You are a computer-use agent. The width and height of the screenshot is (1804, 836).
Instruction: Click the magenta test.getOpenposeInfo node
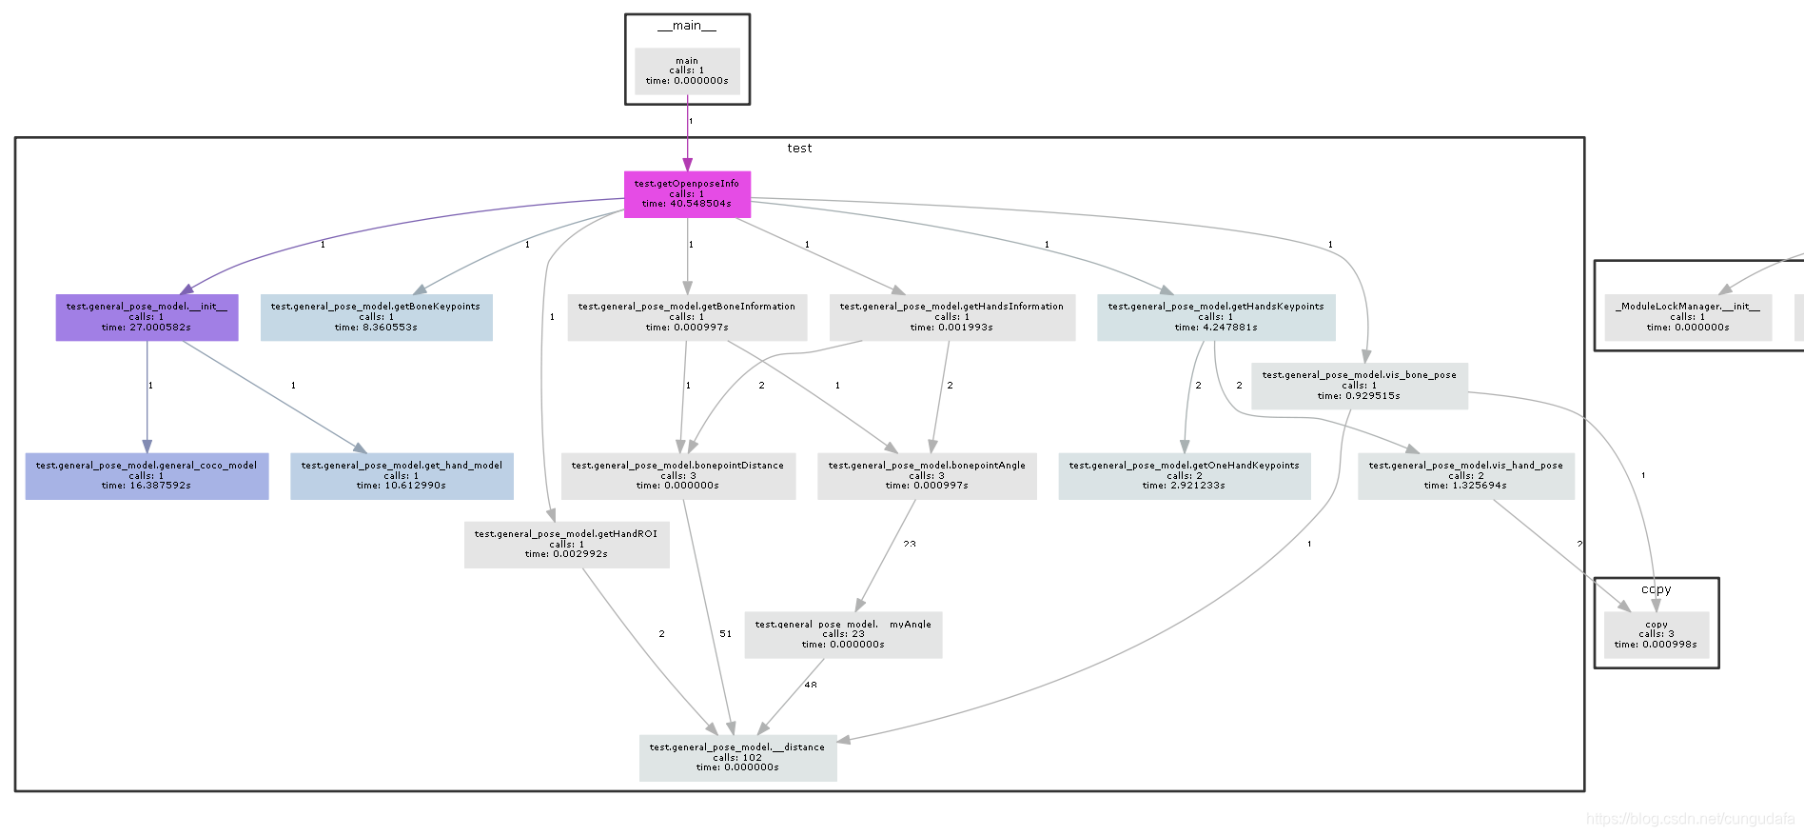[x=687, y=194]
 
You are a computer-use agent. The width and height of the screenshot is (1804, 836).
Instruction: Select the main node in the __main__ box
[x=687, y=71]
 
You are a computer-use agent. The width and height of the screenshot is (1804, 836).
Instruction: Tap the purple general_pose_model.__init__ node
[x=147, y=317]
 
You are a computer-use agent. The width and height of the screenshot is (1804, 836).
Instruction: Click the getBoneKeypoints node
[x=376, y=317]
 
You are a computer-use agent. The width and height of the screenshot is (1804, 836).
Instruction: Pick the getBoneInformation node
[x=687, y=317]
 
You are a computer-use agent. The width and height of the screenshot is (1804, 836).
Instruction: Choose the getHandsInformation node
[x=951, y=317]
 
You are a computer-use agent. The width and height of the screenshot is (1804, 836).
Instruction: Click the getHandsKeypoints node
[x=1216, y=317]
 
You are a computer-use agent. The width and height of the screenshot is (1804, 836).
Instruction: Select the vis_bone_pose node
[x=1359, y=386]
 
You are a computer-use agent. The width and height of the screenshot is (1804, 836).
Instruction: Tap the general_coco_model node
[x=147, y=476]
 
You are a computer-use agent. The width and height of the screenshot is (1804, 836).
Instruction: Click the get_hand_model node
[x=402, y=476]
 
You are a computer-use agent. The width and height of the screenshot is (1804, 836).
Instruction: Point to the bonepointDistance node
[x=677, y=476]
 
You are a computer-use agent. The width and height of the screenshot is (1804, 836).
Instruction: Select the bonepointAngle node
[x=927, y=476]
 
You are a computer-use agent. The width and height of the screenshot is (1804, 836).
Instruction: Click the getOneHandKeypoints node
[x=1184, y=476]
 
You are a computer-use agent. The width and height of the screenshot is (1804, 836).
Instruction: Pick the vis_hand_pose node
[x=1465, y=476]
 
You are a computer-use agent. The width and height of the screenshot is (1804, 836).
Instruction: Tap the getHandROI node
[x=566, y=545]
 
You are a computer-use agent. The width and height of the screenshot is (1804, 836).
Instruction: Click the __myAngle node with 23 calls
[x=843, y=635]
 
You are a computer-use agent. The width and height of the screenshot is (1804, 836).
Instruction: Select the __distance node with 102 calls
[x=737, y=758]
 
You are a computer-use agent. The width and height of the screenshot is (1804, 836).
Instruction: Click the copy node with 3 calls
[x=1656, y=635]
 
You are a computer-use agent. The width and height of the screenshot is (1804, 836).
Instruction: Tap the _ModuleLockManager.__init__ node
[x=1687, y=317]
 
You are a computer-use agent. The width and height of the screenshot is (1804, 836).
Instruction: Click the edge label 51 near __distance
[x=725, y=634]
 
